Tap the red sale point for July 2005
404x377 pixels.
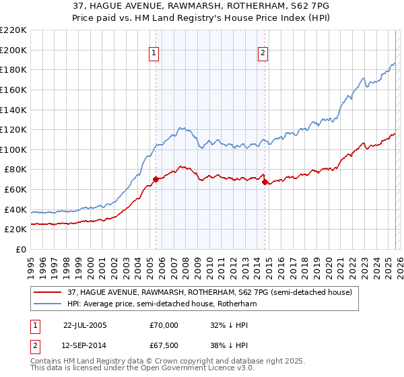[x=156, y=179]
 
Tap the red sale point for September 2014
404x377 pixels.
[x=265, y=182]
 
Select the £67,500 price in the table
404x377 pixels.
[x=164, y=345]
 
